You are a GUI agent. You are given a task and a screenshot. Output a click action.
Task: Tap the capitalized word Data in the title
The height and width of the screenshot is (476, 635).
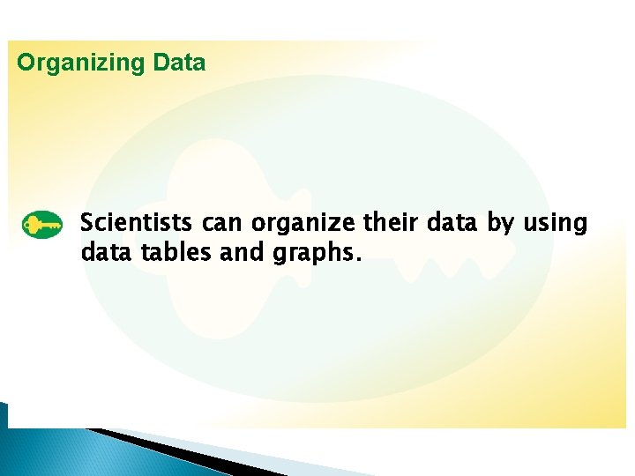(x=179, y=63)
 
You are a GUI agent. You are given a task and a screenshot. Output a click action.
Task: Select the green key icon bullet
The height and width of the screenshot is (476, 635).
(x=41, y=226)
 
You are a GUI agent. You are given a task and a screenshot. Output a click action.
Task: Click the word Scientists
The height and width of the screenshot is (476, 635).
(x=138, y=223)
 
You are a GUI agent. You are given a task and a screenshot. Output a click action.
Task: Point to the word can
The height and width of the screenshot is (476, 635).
(x=220, y=224)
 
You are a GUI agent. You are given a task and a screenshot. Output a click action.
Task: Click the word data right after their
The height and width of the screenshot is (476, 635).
(x=453, y=223)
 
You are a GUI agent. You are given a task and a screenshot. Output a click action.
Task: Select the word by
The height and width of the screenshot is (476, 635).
(x=501, y=224)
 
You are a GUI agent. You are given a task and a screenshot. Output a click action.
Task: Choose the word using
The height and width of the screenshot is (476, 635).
(x=555, y=224)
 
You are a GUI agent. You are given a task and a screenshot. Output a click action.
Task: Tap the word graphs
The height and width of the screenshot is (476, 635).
(x=312, y=255)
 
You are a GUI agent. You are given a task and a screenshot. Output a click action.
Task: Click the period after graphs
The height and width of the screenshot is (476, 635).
(x=356, y=260)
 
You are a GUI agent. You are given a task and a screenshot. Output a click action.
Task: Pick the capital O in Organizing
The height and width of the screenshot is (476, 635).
(x=26, y=63)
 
